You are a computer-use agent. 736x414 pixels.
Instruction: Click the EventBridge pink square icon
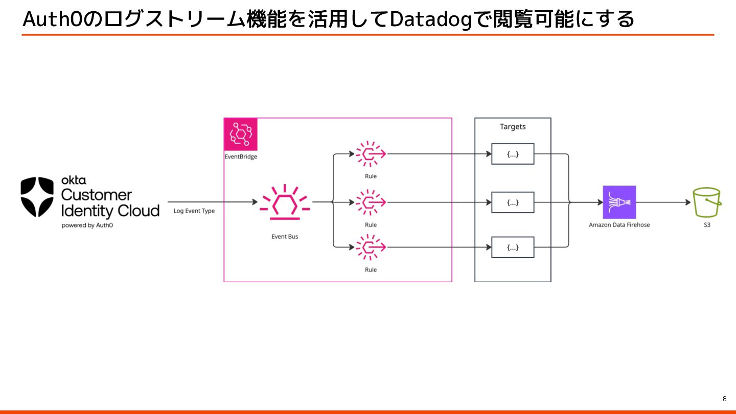tap(241, 134)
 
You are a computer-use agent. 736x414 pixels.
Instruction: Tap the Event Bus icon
tap(285, 202)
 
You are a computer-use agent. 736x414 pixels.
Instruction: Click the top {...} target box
tap(513, 154)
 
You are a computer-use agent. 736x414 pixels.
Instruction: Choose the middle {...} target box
tap(513, 202)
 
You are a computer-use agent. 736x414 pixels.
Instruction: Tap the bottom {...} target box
tap(513, 247)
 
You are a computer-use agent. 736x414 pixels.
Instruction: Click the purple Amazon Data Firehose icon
tap(619, 202)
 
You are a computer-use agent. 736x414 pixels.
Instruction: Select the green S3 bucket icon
tap(707, 202)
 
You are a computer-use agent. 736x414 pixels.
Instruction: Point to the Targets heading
tap(513, 127)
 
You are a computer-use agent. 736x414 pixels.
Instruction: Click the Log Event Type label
tap(194, 211)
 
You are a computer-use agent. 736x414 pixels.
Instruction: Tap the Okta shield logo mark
tap(37, 197)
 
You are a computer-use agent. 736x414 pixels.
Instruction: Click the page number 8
tap(724, 399)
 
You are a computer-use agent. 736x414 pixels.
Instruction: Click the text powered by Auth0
tap(87, 225)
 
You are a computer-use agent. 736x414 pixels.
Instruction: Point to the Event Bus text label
tap(285, 237)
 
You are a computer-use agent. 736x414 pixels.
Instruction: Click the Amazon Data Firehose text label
tap(619, 225)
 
